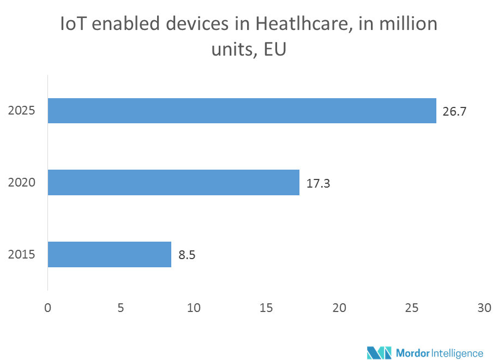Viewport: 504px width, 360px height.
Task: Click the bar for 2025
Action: point(242,111)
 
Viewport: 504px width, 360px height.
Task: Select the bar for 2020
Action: point(173,182)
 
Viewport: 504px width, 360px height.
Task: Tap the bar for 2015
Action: point(110,254)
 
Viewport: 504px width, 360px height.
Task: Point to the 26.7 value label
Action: point(455,112)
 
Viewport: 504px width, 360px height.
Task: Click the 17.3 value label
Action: point(318,183)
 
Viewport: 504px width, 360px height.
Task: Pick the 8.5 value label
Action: point(187,255)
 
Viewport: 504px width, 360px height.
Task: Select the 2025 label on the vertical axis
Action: point(22,111)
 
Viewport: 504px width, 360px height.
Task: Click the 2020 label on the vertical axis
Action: point(22,183)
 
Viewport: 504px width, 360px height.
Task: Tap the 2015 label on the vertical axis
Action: point(22,255)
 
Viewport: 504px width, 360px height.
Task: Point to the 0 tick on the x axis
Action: point(48,308)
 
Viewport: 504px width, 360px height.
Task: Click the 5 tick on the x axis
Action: point(121,308)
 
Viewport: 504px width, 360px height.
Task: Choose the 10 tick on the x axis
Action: point(194,308)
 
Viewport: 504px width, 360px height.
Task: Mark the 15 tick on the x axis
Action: point(266,308)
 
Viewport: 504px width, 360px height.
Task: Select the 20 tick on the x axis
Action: point(339,308)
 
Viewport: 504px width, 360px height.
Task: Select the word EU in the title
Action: point(275,50)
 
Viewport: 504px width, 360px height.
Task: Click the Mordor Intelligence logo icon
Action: point(379,352)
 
